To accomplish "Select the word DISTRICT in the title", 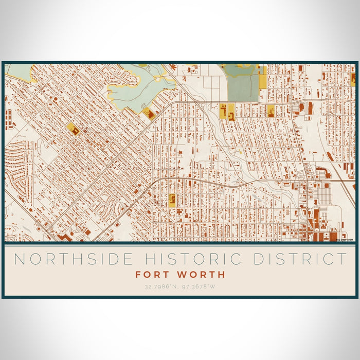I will coord(300,259).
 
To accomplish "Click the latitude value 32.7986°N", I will coord(156,286).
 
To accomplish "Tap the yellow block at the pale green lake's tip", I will coord(149,114).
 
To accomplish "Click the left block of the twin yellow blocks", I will coord(223,110).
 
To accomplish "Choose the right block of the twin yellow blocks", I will coord(231,111).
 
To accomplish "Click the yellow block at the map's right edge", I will coord(353,78).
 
